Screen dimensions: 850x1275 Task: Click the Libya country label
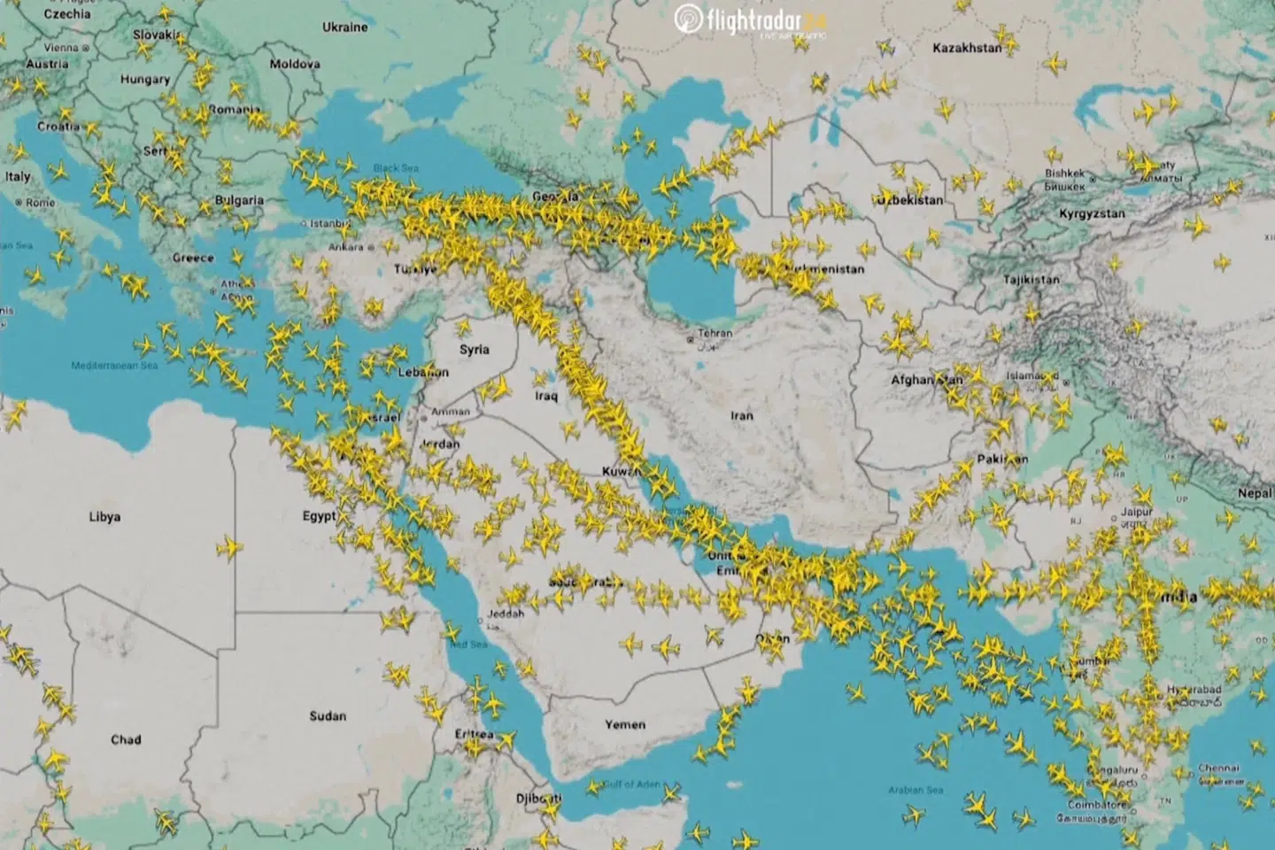coord(104,516)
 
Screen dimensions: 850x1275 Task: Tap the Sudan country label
coord(328,715)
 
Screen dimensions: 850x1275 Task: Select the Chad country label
coord(126,739)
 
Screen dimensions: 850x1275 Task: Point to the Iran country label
coord(742,415)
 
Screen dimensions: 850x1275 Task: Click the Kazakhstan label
coord(967,48)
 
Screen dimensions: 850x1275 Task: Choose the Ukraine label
coord(344,27)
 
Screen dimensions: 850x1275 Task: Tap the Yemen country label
coord(625,724)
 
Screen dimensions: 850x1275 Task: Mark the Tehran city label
coord(715,334)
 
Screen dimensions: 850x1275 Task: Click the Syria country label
coord(475,350)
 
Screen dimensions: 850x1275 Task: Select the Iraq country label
coord(546,397)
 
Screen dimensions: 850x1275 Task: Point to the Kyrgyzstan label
coord(1092,213)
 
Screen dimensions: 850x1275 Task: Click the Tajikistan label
coord(1031,280)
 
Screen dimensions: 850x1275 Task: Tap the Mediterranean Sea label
coord(114,366)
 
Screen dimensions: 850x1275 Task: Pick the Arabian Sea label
coord(916,790)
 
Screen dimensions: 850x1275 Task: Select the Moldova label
coord(295,64)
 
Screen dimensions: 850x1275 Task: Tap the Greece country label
coord(193,258)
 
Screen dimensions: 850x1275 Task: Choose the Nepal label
coord(1254,493)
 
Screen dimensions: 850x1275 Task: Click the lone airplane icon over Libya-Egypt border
coord(230,548)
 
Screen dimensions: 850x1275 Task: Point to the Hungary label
coord(145,79)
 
